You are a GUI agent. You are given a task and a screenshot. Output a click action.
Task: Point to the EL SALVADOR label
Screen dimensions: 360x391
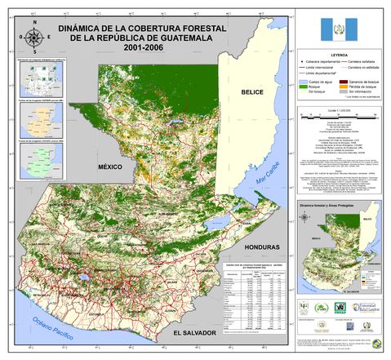194,332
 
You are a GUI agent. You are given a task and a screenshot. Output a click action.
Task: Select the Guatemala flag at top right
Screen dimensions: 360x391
337,29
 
